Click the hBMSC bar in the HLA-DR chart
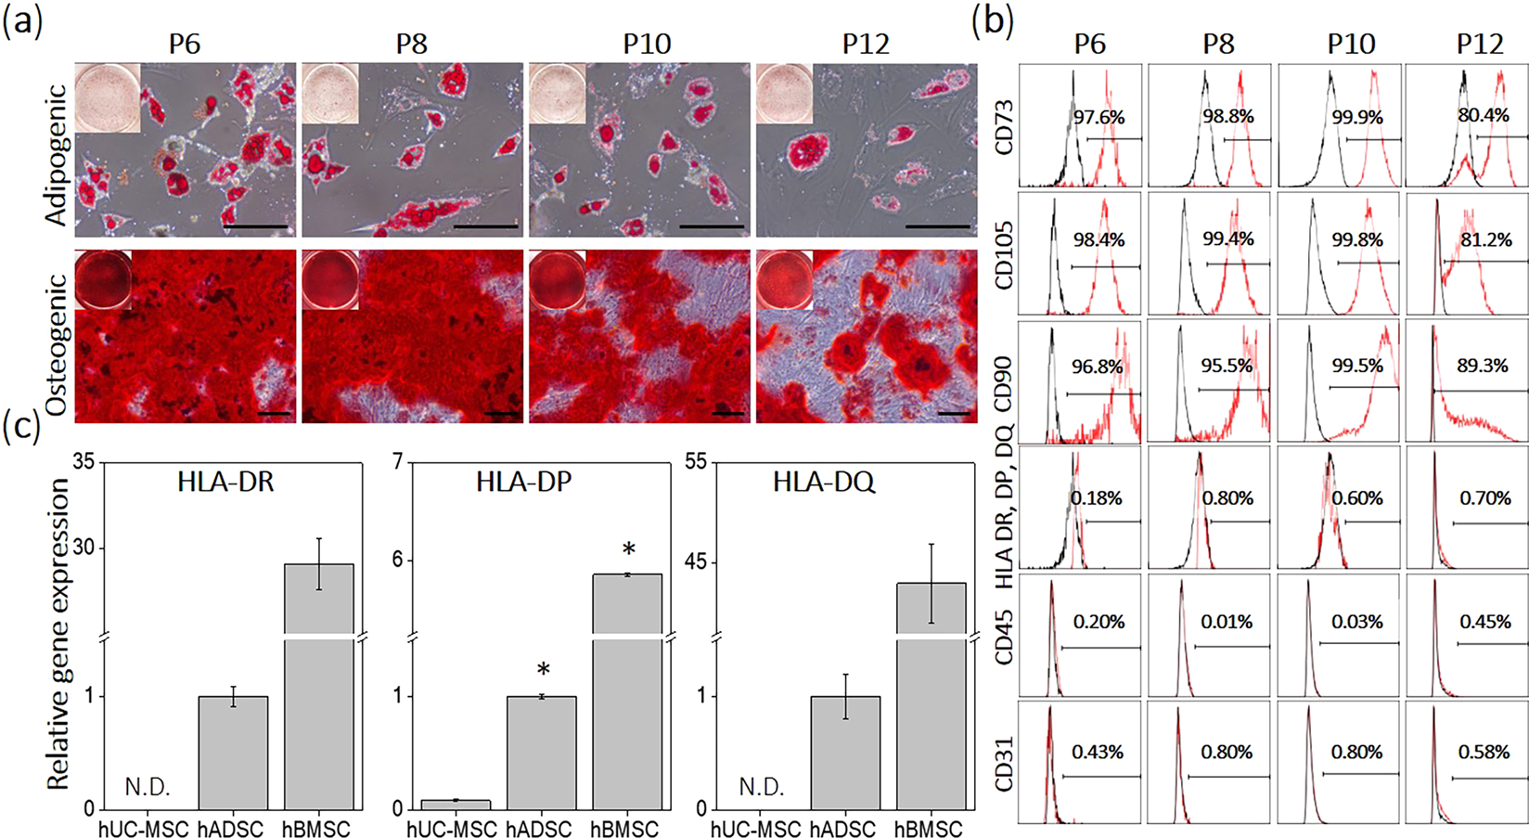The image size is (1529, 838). [318, 687]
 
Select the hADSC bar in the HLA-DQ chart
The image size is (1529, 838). [845, 753]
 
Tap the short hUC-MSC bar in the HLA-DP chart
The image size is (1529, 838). [456, 804]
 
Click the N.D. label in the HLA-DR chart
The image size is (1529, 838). [148, 787]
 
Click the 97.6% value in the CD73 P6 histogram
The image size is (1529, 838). [1099, 118]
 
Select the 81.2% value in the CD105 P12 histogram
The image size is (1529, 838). [1485, 239]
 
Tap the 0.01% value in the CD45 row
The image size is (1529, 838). [1227, 622]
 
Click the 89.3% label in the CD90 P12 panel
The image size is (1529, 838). [1483, 366]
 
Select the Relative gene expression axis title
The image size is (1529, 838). [58, 634]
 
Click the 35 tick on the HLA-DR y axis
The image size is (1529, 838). [83, 462]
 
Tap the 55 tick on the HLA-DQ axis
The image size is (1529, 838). [695, 462]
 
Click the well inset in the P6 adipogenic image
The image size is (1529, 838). [107, 97]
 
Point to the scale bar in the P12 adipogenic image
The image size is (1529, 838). [937, 226]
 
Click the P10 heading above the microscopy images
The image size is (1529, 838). [647, 44]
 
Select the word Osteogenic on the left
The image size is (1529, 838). [57, 344]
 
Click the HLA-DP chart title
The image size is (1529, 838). [524, 482]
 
